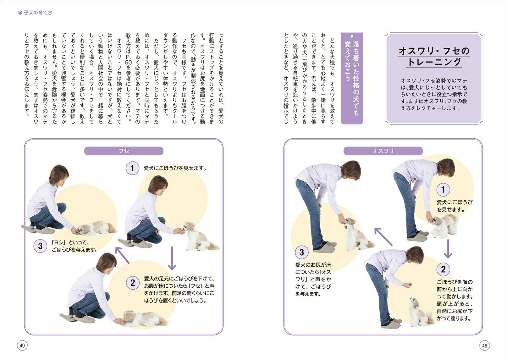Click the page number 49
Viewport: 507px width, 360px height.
[22, 345]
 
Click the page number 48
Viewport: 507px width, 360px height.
[485, 345]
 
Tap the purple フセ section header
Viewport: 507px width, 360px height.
[124, 151]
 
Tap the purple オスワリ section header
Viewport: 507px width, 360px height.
[383, 151]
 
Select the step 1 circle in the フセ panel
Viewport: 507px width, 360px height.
[132, 168]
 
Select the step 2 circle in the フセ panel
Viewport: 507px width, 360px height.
[132, 283]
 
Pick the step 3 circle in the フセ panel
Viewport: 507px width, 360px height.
[40, 246]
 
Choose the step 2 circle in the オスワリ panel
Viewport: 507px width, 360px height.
[443, 269]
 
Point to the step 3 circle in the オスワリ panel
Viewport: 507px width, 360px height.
[302, 252]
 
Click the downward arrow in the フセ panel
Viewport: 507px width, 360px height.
[172, 258]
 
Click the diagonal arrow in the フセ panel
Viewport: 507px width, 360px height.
[122, 255]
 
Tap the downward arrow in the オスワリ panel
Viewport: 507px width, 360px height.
[448, 249]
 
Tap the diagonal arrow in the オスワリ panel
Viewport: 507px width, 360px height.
[383, 237]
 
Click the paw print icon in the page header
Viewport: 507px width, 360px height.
[20, 13]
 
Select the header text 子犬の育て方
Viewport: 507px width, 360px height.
[38, 13]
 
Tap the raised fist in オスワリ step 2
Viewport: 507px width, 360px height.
[407, 285]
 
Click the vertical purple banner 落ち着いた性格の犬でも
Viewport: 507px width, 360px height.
[352, 78]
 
